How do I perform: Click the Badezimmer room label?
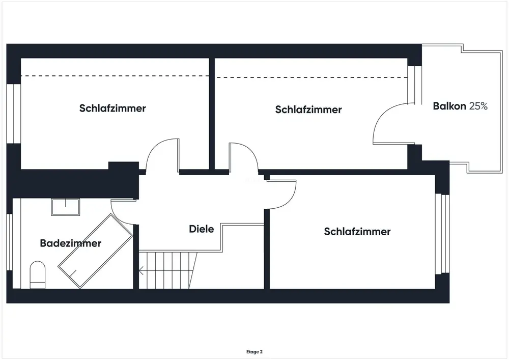pyautogui.click(x=70, y=243)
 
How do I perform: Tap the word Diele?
pyautogui.click(x=202, y=229)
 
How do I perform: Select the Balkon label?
pyautogui.click(x=449, y=106)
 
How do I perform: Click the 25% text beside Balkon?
pyautogui.click(x=478, y=106)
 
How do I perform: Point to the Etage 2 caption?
pyautogui.click(x=254, y=351)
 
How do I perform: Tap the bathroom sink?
pyautogui.click(x=65, y=207)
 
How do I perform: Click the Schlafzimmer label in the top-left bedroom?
pyautogui.click(x=112, y=108)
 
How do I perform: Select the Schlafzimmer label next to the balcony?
pyautogui.click(x=308, y=109)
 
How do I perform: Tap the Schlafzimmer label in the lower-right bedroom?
pyautogui.click(x=357, y=232)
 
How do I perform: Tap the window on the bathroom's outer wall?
pyautogui.click(x=10, y=244)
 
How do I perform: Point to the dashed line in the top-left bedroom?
pyautogui.click(x=115, y=76)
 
